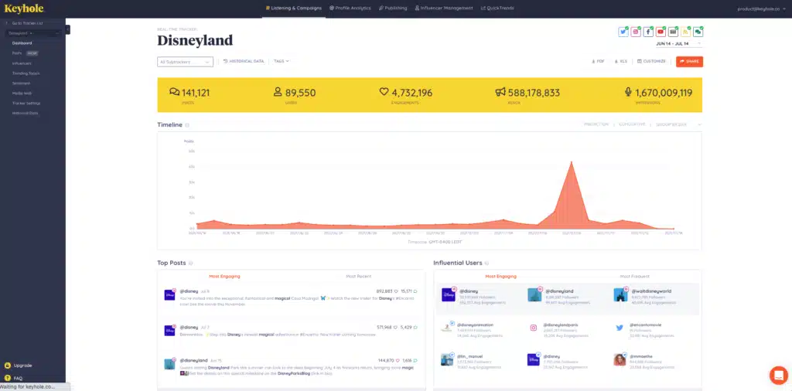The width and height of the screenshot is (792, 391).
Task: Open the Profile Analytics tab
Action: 350,8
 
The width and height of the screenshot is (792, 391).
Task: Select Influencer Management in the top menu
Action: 444,8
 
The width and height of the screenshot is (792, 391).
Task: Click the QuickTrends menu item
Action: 497,8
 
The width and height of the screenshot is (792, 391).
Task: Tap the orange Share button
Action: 689,61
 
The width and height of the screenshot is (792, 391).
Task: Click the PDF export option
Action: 598,61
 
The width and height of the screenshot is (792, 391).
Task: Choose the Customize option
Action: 651,61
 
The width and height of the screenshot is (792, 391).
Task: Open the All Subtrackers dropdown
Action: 185,62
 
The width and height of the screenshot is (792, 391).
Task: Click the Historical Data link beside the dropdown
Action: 244,61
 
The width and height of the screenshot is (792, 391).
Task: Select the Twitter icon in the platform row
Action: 623,32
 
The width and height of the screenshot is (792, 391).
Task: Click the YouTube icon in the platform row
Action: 661,32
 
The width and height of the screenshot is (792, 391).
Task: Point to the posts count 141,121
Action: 195,93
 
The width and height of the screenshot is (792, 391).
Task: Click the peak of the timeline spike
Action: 571,161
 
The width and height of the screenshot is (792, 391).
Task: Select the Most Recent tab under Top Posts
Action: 359,276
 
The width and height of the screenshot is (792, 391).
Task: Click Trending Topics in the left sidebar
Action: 26,73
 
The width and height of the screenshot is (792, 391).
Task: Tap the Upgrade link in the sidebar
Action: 22,365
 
